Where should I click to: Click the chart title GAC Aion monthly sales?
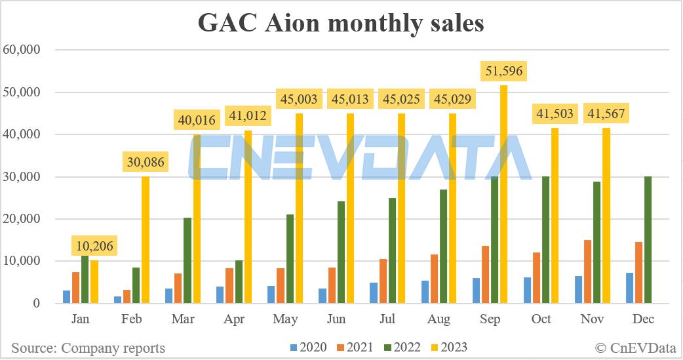[341, 23]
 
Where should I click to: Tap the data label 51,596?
[503, 71]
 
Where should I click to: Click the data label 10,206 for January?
[94, 246]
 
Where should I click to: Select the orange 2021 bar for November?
[588, 271]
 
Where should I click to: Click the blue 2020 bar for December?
[630, 288]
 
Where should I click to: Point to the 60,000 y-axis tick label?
[22, 50]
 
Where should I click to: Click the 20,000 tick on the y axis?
[22, 219]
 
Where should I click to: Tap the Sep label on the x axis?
[490, 320]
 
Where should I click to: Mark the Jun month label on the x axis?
[336, 320]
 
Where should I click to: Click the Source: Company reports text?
[88, 348]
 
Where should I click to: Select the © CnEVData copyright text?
[634, 348]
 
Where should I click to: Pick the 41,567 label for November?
[606, 113]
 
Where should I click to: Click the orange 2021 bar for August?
[434, 279]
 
